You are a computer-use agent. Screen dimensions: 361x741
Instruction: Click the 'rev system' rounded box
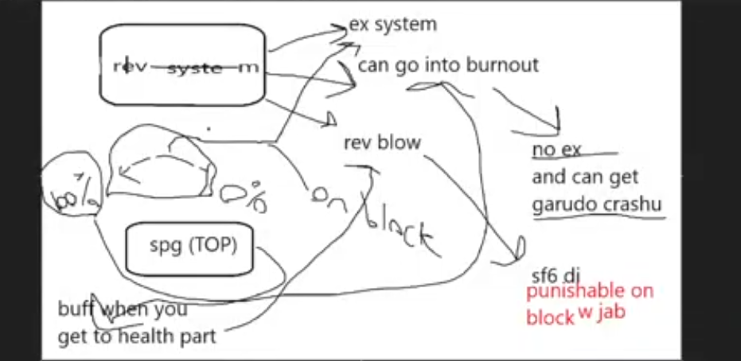coord(181,65)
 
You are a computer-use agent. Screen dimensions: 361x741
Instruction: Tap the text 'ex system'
coord(392,25)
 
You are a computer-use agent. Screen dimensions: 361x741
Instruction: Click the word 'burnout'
coord(503,64)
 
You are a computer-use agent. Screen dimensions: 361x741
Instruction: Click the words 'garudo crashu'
coord(596,204)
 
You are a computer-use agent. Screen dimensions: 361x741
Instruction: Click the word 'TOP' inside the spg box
coord(217,246)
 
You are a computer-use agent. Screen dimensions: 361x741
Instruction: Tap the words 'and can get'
coord(584,177)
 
